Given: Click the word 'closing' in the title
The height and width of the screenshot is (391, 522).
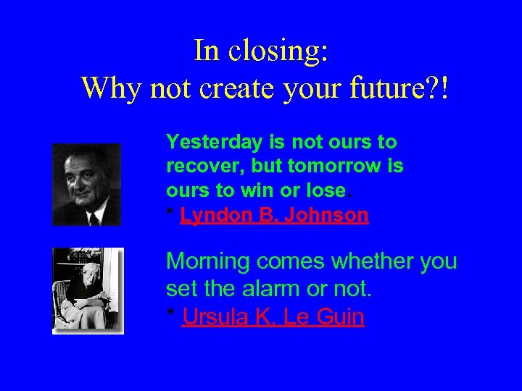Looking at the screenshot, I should (x=279, y=51).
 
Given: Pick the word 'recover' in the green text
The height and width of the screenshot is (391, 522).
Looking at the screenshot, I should (x=205, y=166).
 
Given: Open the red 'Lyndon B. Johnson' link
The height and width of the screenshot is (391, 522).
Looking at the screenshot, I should (x=275, y=215).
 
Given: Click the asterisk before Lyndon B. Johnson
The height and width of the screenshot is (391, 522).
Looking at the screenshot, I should (x=170, y=214).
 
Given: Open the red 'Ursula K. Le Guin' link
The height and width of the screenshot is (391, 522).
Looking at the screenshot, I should (x=273, y=317).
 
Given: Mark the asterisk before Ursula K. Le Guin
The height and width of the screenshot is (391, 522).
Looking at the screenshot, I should (x=170, y=315).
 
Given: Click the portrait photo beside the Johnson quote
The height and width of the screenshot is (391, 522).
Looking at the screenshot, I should (x=86, y=185).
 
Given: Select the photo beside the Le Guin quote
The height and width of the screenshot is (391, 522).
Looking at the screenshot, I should (x=88, y=290).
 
